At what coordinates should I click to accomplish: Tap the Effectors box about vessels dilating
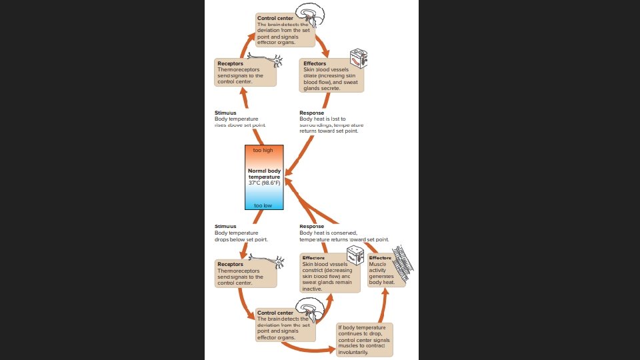(x=331, y=76)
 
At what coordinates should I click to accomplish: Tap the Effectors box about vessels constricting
(x=329, y=273)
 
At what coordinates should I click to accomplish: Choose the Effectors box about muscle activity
(x=384, y=270)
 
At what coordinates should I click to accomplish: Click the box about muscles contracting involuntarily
(x=364, y=339)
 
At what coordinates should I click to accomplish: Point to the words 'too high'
(x=263, y=150)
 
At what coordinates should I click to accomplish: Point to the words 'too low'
(x=263, y=205)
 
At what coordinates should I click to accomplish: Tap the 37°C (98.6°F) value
(x=265, y=183)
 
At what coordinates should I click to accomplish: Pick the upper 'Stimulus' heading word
(x=225, y=113)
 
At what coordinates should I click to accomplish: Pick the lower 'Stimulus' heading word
(x=225, y=226)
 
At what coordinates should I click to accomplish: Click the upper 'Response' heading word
(x=312, y=113)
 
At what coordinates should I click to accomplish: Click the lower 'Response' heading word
(x=312, y=226)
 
